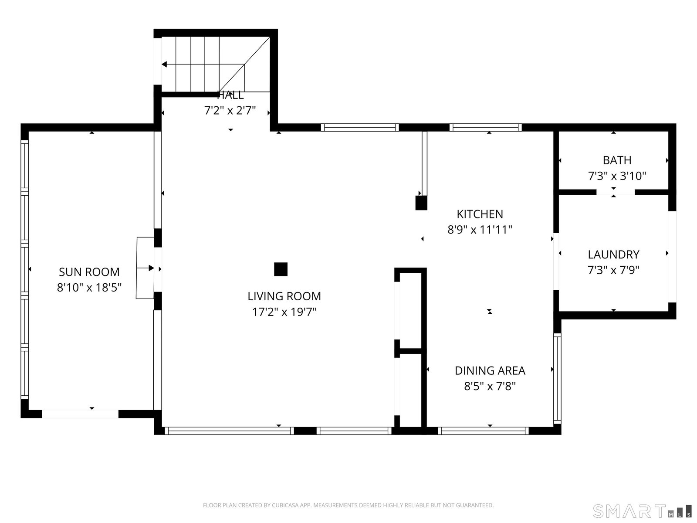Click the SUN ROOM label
tap(89, 272)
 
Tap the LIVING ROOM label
tap(284, 296)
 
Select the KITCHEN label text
tap(480, 214)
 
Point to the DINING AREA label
tap(490, 370)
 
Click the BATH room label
tap(617, 160)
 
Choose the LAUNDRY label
tap(613, 255)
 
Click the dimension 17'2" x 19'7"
tap(284, 312)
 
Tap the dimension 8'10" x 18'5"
tap(89, 288)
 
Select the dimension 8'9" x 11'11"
tap(480, 230)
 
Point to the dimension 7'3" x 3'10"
tap(617, 176)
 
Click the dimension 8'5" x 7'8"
tap(490, 386)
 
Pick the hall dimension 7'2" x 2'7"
tap(230, 111)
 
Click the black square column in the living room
tap(281, 269)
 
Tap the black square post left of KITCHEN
tap(421, 203)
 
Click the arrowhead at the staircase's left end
tap(164, 65)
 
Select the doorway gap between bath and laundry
tap(615, 192)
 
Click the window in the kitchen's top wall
tap(486, 128)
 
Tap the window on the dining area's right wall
tap(557, 378)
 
